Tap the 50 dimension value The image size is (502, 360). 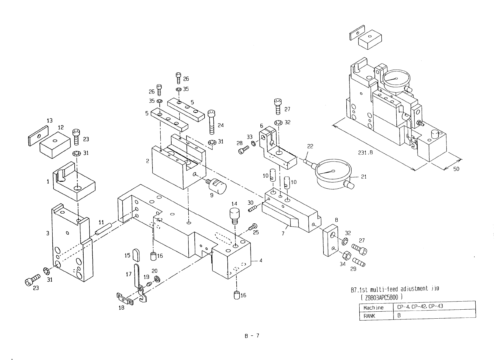pyautogui.click(x=456, y=169)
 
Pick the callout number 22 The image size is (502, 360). pyautogui.click(x=310, y=146)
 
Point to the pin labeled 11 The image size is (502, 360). pyautogui.click(x=103, y=230)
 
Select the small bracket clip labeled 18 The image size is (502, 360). pyautogui.click(x=125, y=299)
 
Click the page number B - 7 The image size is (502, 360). pyautogui.click(x=251, y=336)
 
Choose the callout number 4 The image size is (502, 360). pyautogui.click(x=261, y=260)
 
